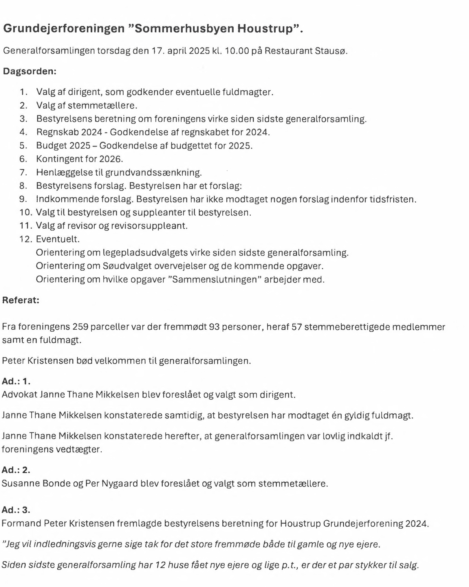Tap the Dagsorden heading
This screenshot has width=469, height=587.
(x=30, y=71)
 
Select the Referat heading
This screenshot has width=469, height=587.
(x=21, y=300)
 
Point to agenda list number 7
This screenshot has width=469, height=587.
(x=23, y=173)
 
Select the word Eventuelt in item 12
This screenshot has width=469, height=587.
(x=57, y=239)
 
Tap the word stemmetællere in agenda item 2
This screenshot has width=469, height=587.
(x=102, y=105)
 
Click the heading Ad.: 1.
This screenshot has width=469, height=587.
(x=16, y=381)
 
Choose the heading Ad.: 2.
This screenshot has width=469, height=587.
(x=16, y=470)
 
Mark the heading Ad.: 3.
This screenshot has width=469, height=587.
(x=16, y=510)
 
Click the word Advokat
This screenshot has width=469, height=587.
(x=19, y=395)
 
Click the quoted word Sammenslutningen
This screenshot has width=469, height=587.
(x=214, y=279)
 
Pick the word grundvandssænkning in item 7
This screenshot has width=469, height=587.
(x=153, y=173)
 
